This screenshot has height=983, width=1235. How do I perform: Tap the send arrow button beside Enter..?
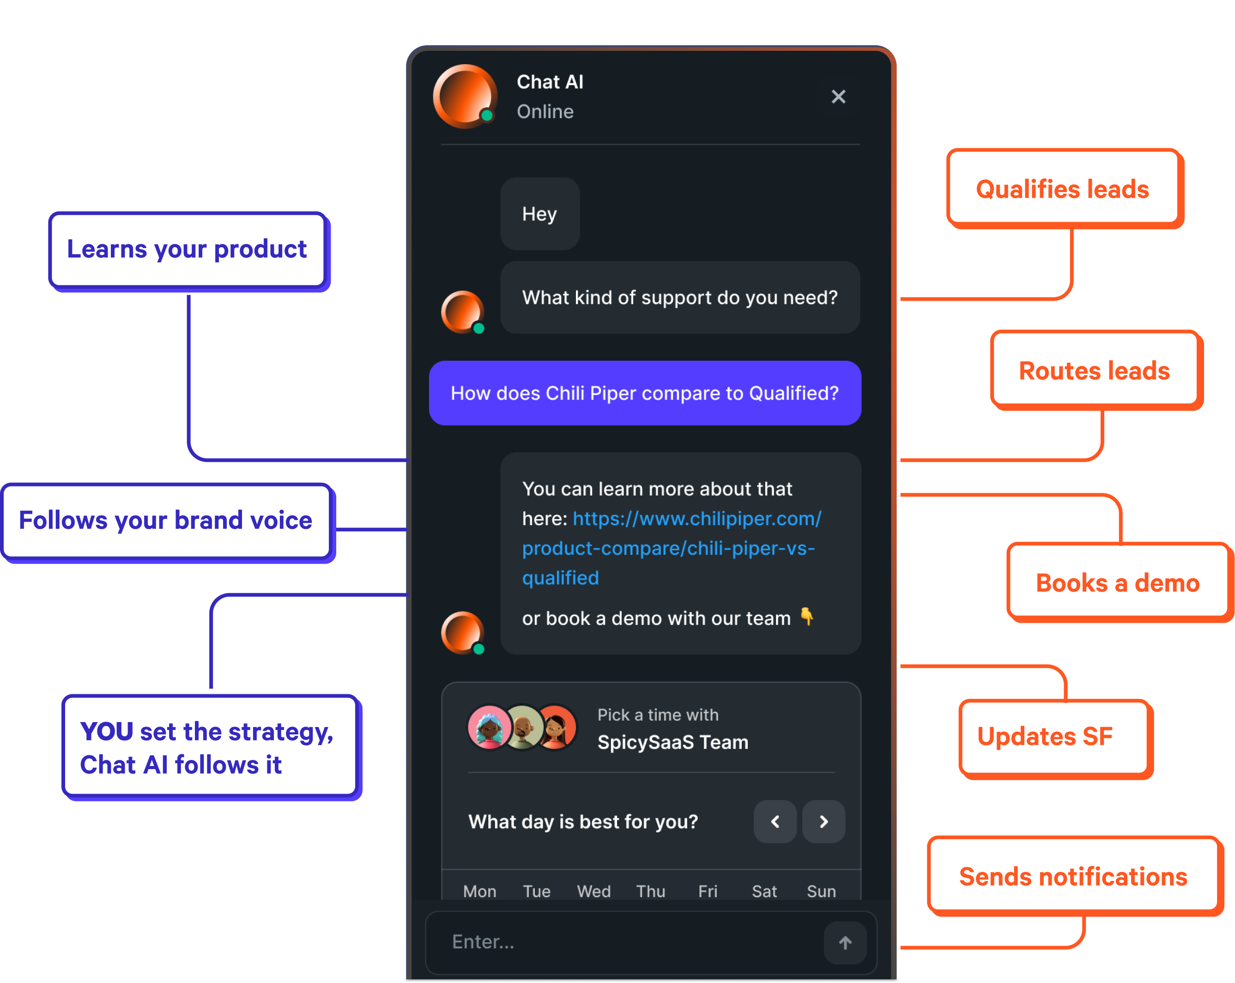845,942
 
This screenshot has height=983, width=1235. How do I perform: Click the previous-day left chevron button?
775,821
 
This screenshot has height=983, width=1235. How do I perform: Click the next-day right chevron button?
823,821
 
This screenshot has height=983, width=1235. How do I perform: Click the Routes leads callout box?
1096,370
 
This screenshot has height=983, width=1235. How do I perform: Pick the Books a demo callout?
1119,582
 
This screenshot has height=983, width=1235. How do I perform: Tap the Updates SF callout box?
1056,738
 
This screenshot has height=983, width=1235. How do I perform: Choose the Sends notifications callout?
1075,876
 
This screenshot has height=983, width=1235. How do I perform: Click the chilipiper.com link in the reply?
672,548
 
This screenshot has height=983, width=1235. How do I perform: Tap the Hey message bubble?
539,214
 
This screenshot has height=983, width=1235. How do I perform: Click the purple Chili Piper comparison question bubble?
645,393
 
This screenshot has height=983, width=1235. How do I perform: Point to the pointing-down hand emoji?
806,616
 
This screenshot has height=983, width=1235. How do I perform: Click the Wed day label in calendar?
593,891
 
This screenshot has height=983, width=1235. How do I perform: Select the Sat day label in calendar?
764,891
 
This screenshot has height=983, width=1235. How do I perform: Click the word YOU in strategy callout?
107,732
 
